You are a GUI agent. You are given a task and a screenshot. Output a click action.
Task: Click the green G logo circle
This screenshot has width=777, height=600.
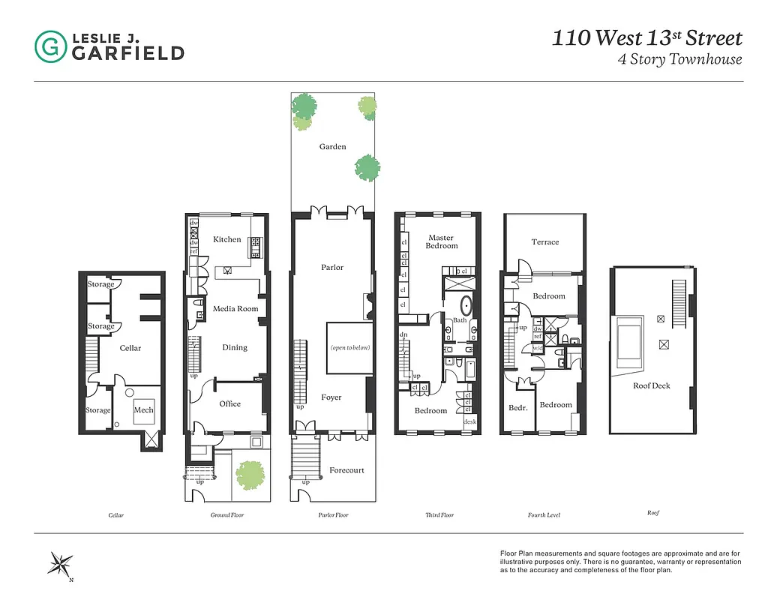pyautogui.click(x=50, y=46)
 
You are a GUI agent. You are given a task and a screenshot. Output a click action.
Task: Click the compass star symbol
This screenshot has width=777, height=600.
pyautogui.click(x=60, y=565)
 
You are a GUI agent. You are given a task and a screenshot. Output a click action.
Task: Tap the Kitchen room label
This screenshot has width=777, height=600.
pyautogui.click(x=227, y=239)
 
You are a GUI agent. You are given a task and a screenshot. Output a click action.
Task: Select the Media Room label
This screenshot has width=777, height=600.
pyautogui.click(x=235, y=308)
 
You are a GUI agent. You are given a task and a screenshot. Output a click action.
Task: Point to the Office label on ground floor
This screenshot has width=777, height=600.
pyautogui.click(x=230, y=403)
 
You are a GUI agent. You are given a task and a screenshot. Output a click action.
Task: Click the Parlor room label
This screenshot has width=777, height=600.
pyautogui.click(x=332, y=267)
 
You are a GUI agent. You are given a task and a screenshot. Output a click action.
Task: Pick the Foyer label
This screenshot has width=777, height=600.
pyautogui.click(x=331, y=397)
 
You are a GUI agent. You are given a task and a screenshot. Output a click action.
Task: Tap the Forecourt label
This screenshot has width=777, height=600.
pyautogui.click(x=346, y=470)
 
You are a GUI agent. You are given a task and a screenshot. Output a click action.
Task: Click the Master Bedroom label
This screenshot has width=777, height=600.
pyautogui.click(x=441, y=241)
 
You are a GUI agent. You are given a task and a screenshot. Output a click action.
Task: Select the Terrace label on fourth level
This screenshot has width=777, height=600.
pyautogui.click(x=545, y=241)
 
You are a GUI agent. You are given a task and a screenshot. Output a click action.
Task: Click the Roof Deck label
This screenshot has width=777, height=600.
pyautogui.click(x=651, y=385)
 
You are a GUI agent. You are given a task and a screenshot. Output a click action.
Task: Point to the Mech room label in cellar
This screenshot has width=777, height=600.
pyautogui.click(x=143, y=410)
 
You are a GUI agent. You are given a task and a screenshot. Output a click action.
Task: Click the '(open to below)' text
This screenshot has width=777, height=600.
pyautogui.click(x=350, y=347)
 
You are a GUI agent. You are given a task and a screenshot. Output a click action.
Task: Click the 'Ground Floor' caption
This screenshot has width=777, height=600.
pyautogui.click(x=227, y=515)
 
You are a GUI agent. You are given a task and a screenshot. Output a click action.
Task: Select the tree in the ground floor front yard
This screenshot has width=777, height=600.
pyautogui.click(x=250, y=474)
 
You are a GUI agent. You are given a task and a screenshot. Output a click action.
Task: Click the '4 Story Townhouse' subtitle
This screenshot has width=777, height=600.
pyautogui.click(x=679, y=59)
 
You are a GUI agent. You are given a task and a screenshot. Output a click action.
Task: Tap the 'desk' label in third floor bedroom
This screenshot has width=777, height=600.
pyautogui.click(x=470, y=421)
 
